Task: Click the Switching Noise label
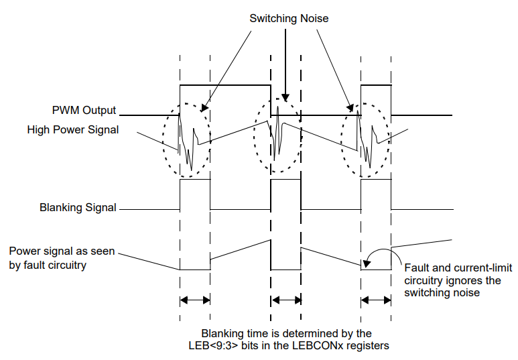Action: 289,18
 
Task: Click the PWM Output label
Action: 84,110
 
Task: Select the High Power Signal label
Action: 73,129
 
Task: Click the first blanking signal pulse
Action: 195,194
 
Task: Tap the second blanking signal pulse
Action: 285,194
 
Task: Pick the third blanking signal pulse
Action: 376,194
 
